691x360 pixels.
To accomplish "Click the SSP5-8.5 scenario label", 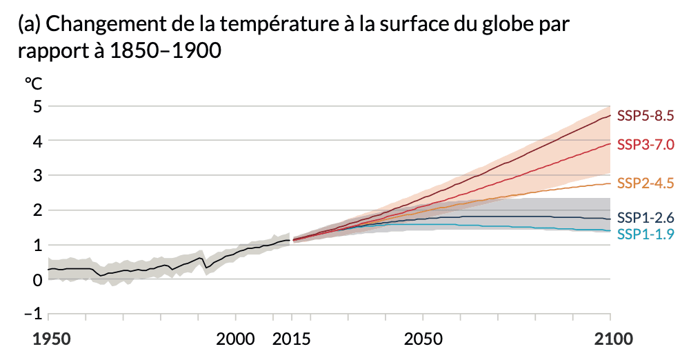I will (644, 115).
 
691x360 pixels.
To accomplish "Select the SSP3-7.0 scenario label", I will (644, 145).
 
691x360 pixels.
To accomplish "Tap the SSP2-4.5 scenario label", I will (644, 183).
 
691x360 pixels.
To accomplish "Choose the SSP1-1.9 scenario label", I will (644, 234).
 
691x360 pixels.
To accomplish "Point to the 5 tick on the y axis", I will (37, 107).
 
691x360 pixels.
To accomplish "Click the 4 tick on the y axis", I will (37, 141).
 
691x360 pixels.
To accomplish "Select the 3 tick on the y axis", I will (37, 176).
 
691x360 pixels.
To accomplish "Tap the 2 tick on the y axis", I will (37, 210).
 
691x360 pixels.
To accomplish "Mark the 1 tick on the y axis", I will (37, 245).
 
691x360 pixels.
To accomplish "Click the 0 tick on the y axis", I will (37, 279).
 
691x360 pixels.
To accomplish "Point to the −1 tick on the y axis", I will (32, 314).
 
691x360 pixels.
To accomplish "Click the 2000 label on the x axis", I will (236, 339).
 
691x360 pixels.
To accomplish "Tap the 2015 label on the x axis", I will (292, 339).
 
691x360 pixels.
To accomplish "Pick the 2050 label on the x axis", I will (423, 339).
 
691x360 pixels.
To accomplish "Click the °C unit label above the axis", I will (33, 83).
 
